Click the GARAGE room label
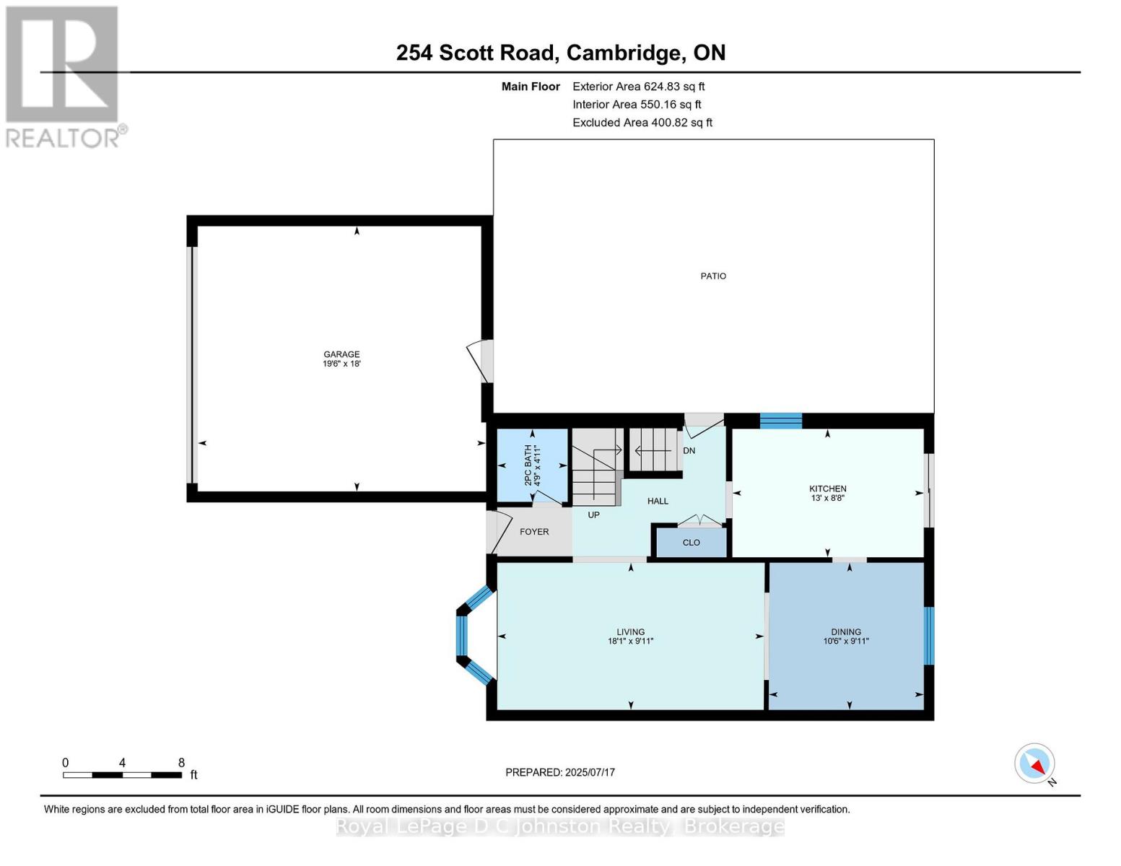click(x=341, y=354)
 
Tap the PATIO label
click(x=713, y=276)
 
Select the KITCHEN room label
click(x=827, y=489)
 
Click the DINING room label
click(x=845, y=631)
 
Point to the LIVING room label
click(x=630, y=631)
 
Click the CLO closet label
click(x=691, y=543)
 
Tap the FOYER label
click(x=534, y=532)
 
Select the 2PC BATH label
click(x=528, y=465)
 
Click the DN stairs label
click(x=689, y=450)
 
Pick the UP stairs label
click(x=593, y=515)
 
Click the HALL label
click(x=658, y=501)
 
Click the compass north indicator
click(x=1035, y=764)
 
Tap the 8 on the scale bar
click(x=181, y=763)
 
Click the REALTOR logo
click(x=64, y=76)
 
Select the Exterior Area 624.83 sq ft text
click(x=638, y=87)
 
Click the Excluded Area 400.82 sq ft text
click(x=642, y=123)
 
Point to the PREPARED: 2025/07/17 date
click(x=560, y=772)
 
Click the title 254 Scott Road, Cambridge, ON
click(x=561, y=53)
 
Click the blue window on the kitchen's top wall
click(x=780, y=421)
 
